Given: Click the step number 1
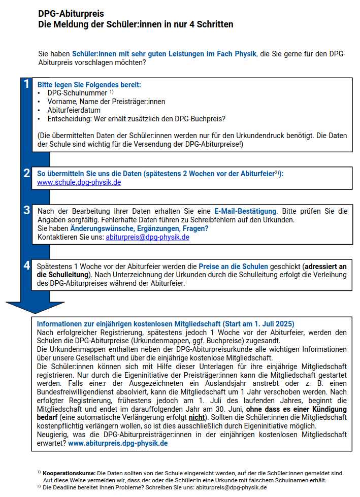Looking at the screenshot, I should point(27,84).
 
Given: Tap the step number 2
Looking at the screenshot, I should point(27,173).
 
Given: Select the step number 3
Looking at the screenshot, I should point(27,210).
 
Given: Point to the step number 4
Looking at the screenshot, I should point(27,266).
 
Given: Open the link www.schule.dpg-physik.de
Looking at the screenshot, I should point(79,182).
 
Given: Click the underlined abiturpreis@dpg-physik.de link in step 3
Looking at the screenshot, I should point(147,237).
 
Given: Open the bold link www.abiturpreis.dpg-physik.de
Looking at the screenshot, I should point(118,443).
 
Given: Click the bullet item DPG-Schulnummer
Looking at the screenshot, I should point(77,93).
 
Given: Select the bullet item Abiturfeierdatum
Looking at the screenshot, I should point(74,110).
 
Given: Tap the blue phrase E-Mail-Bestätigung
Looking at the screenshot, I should point(245,211).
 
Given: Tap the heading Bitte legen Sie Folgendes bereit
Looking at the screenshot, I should point(89,85).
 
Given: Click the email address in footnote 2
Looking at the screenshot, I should point(231,487).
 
